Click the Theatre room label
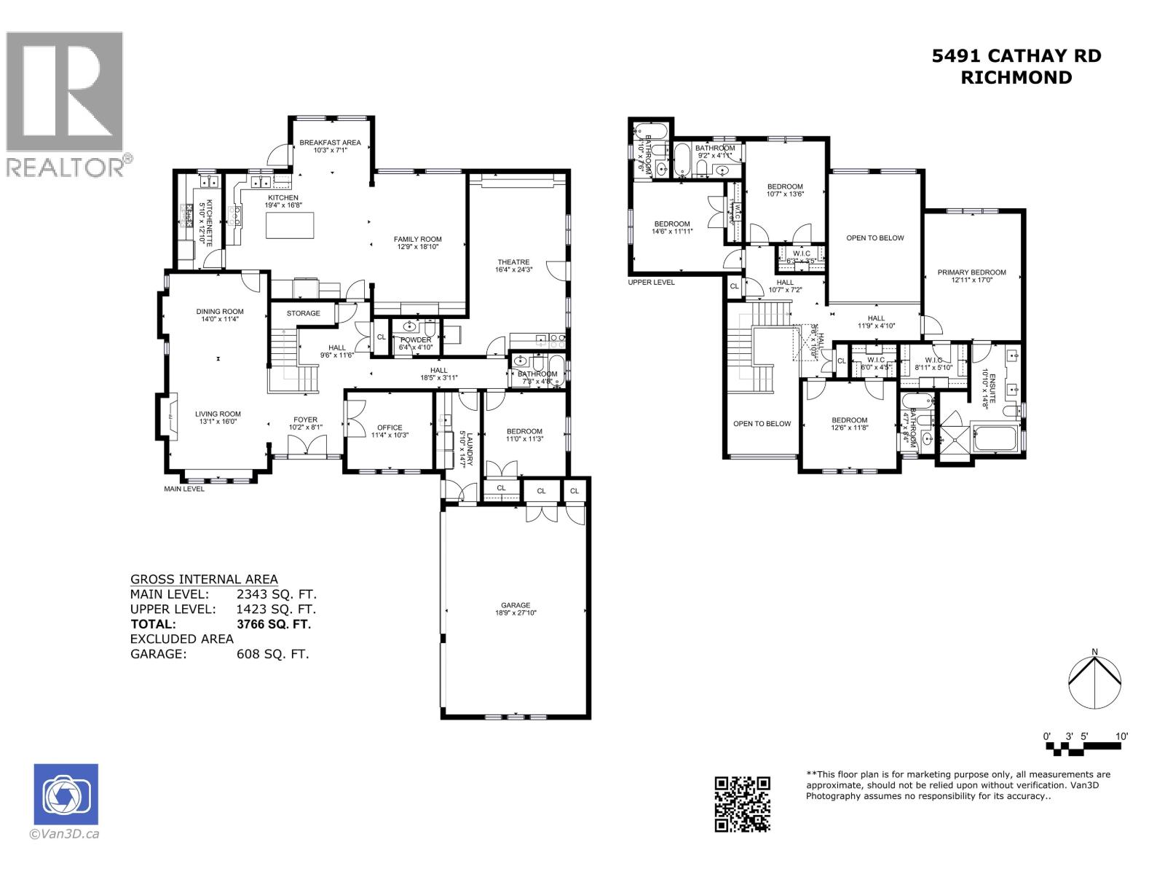513,262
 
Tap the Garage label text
516,605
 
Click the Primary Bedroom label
971,272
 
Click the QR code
742,803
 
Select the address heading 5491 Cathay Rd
1016,56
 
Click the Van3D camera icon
66,795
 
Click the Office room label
390,428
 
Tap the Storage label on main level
303,313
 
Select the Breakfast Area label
330,143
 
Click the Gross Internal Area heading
203,579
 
